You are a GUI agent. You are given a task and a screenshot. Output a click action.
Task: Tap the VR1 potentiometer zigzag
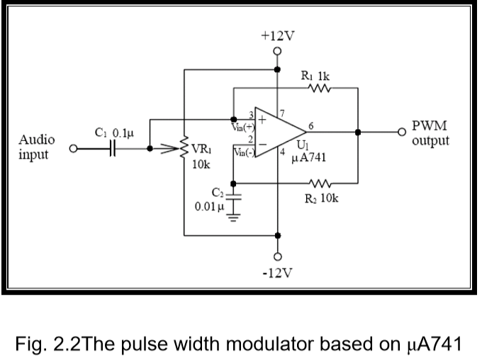click(184, 150)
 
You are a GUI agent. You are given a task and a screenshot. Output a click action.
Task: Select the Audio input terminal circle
click(72, 150)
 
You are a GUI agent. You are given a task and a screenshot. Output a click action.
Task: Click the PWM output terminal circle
click(403, 131)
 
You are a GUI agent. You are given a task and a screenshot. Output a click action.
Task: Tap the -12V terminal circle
click(277, 256)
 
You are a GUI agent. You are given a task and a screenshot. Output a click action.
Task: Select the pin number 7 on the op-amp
click(281, 113)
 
